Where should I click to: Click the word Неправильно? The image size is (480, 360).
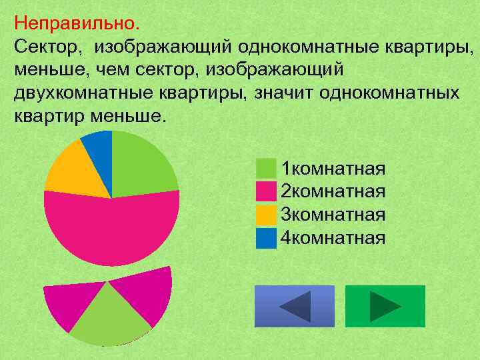(77, 25)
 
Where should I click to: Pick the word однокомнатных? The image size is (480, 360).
(389, 93)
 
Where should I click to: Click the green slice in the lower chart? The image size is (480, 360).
(110, 317)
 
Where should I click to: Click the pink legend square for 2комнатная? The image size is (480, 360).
(266, 191)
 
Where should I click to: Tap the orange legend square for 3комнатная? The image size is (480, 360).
(266, 214)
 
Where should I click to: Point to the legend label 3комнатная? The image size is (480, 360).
(333, 214)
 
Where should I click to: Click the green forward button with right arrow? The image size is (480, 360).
(385, 306)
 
